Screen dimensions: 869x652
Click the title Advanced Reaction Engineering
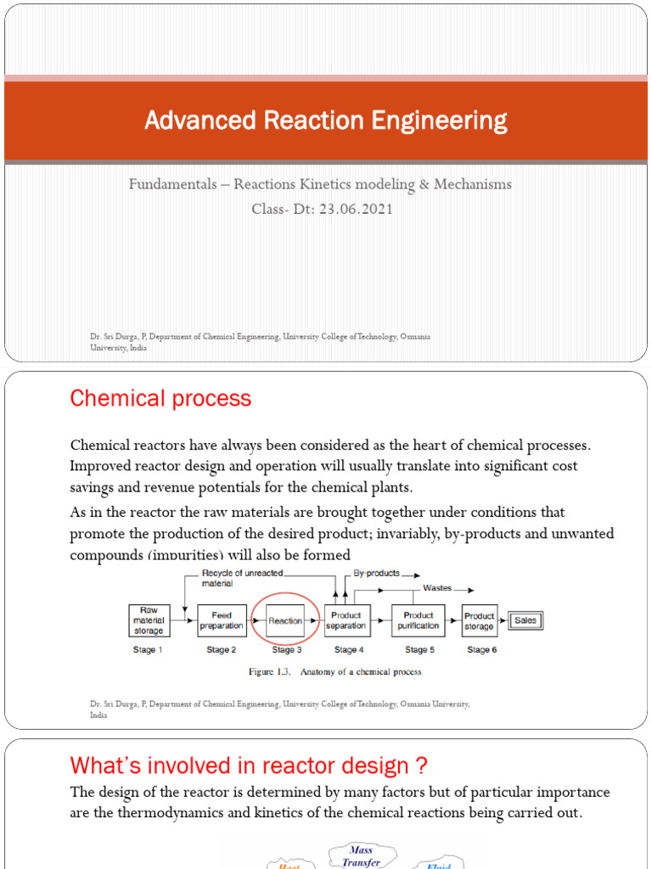click(x=325, y=121)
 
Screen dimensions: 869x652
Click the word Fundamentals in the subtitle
click(x=173, y=184)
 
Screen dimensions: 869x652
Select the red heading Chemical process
click(x=160, y=399)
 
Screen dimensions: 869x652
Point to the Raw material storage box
click(x=149, y=620)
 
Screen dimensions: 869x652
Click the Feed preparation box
click(x=222, y=620)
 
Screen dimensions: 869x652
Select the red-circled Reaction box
click(x=285, y=620)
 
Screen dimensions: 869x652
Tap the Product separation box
click(x=346, y=620)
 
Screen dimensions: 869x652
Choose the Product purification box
click(x=419, y=620)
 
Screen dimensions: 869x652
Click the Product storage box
click(x=479, y=620)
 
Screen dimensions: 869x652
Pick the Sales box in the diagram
click(x=526, y=620)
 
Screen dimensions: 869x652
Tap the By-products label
click(x=376, y=574)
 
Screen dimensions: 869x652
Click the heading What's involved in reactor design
click(x=249, y=766)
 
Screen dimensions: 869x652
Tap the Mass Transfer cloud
click(x=362, y=855)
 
